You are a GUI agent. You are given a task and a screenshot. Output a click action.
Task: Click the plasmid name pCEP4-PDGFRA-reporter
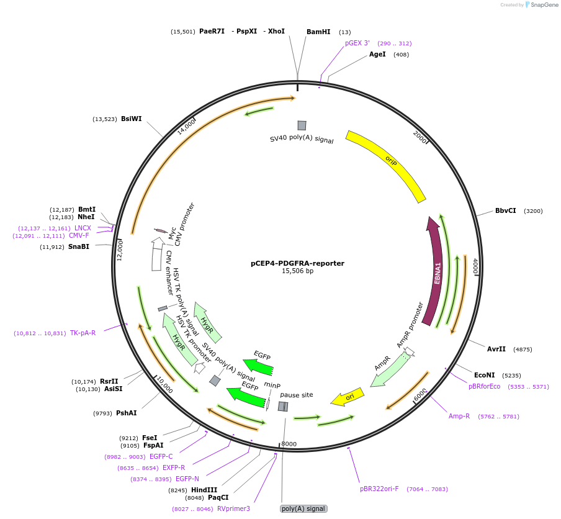297,263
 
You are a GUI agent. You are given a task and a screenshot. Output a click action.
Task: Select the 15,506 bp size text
297,271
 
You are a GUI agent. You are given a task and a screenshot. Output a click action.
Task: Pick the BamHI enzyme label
318,32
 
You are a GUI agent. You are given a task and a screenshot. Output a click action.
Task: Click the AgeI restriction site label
377,55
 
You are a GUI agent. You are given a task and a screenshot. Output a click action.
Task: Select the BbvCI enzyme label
505,211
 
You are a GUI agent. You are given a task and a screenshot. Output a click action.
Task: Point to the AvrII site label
496,349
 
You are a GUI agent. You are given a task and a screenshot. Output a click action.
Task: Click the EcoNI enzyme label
484,375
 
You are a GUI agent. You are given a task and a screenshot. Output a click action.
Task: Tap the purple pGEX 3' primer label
357,43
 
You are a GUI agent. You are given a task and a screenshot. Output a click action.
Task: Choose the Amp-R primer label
459,416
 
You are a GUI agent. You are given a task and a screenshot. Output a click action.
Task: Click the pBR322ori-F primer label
379,489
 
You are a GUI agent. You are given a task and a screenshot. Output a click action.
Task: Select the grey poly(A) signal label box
303,508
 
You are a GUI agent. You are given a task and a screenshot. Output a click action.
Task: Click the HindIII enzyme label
204,490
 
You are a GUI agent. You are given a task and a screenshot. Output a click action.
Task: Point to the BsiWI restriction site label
131,119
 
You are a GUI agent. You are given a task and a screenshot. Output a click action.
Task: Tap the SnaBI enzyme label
79,246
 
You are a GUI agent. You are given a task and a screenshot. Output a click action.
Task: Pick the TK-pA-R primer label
83,333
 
